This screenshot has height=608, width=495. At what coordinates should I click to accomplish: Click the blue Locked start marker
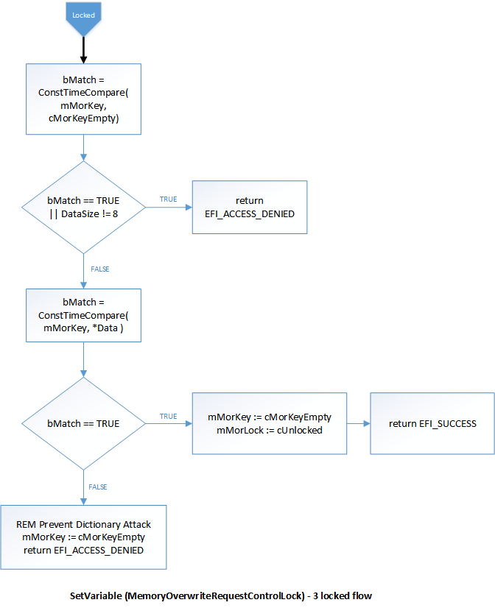(83, 17)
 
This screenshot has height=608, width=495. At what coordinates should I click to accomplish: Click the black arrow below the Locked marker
(83, 49)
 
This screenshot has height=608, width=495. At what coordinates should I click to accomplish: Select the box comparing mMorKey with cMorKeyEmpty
(83, 99)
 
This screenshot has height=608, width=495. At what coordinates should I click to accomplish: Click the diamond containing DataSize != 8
(83, 207)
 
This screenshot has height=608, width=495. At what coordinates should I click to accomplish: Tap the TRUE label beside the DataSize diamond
(168, 199)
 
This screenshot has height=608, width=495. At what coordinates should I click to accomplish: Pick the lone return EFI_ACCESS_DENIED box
(249, 207)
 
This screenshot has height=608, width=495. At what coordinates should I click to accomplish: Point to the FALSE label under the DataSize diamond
(99, 269)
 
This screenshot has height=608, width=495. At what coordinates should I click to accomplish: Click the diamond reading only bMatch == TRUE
(83, 424)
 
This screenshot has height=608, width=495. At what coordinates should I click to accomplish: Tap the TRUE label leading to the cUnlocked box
(168, 417)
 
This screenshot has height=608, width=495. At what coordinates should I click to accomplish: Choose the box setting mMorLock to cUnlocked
(269, 423)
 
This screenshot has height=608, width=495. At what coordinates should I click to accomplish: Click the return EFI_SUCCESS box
(432, 423)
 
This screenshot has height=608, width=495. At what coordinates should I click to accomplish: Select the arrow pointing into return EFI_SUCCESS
(358, 423)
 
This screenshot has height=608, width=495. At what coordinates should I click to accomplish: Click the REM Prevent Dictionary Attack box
(83, 537)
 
